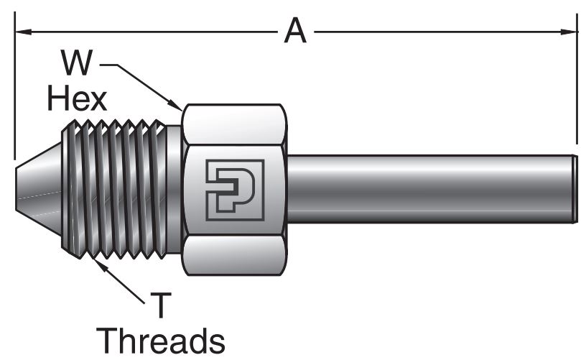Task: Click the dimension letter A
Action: (x=294, y=31)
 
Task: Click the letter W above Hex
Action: (x=76, y=64)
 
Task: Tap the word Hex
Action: (x=77, y=98)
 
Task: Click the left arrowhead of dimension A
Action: (x=21, y=32)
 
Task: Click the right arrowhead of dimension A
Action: (x=572, y=32)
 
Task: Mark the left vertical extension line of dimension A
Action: (x=14, y=93)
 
